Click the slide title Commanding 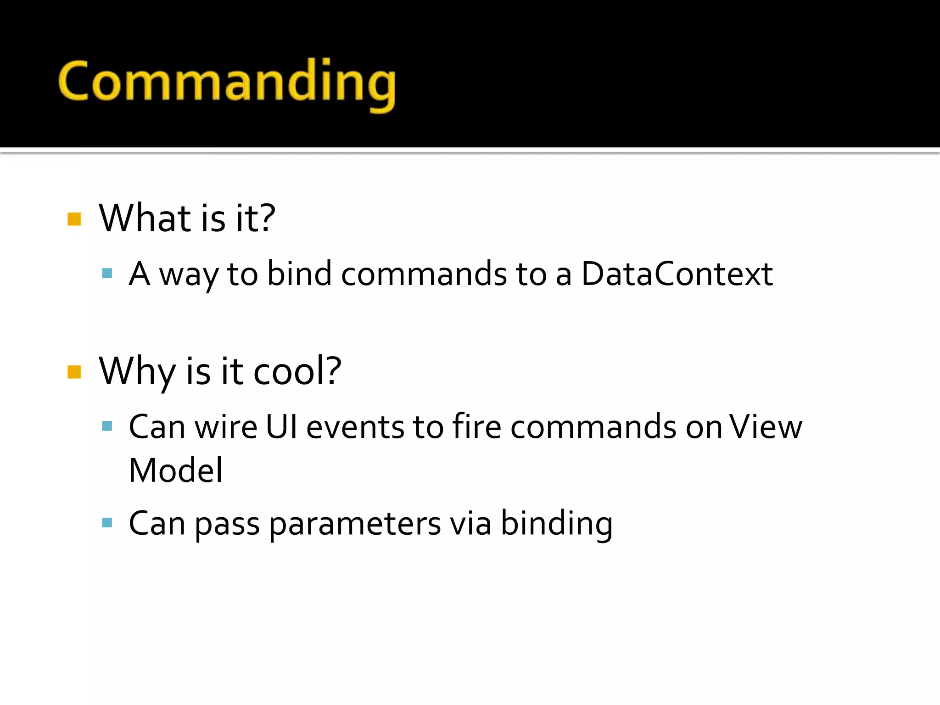click(x=227, y=83)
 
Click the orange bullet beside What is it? click(x=74, y=219)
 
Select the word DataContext click(x=677, y=274)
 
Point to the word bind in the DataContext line click(x=299, y=274)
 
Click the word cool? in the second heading click(x=297, y=371)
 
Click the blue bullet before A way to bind click(x=107, y=274)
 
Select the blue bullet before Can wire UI click(x=107, y=426)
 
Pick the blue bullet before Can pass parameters click(x=107, y=522)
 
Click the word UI click(x=281, y=427)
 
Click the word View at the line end click(x=766, y=427)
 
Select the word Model click(x=176, y=470)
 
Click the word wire click(x=225, y=427)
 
